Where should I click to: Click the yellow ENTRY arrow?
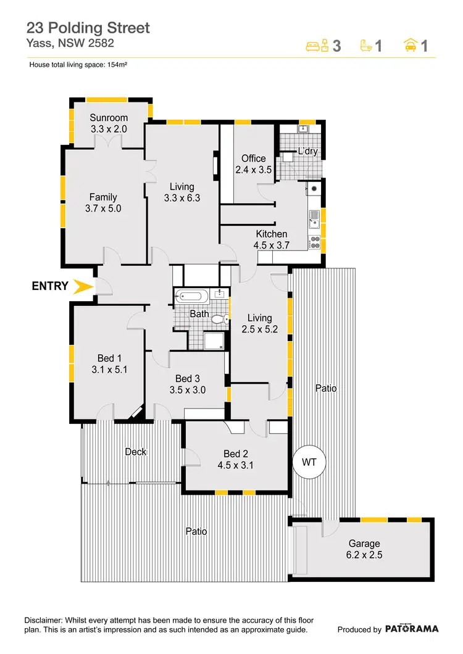coord(81,286)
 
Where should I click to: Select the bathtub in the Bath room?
coord(192,297)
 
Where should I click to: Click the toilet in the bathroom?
coord(219,319)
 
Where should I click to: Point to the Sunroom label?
coord(109,118)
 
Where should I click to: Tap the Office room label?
coord(253,159)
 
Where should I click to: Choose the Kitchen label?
coord(272,234)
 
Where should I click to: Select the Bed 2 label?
coord(236,455)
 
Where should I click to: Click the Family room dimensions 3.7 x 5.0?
coord(103,209)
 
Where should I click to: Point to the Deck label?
coord(136,452)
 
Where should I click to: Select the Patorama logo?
coord(412,629)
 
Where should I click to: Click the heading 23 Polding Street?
coord(88,28)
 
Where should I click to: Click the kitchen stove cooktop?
coord(314,242)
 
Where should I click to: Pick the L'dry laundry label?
coord(307,151)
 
